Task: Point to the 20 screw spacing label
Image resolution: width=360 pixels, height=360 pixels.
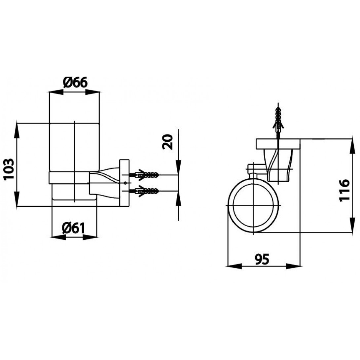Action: [x=169, y=142]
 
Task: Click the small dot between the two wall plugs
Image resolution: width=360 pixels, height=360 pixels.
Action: [x=125, y=183]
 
